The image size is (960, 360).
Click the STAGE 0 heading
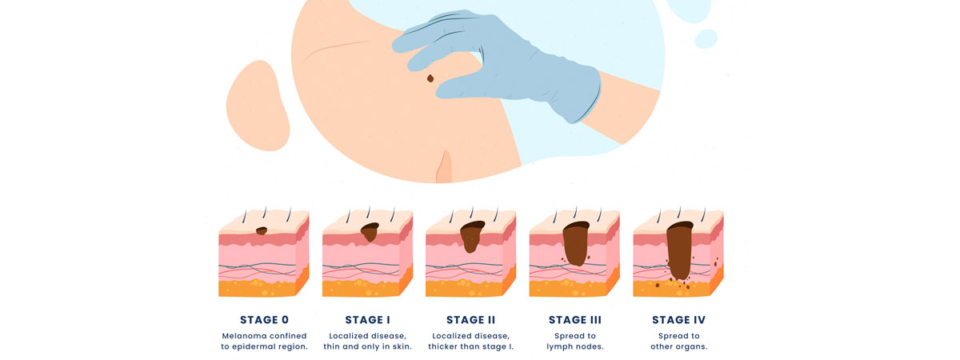(x=264, y=320)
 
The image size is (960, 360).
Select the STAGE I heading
(x=367, y=320)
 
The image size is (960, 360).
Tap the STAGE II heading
(x=470, y=320)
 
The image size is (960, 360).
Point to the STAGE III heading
(x=574, y=320)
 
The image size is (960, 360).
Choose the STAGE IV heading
(x=678, y=320)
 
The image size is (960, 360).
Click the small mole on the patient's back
(x=430, y=78)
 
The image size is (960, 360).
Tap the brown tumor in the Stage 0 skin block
(x=262, y=231)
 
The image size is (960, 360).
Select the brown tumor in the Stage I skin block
(x=370, y=232)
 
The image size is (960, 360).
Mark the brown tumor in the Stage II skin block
(x=471, y=236)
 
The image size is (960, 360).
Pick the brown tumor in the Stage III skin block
(x=575, y=243)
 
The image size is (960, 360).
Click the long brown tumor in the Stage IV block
(x=679, y=250)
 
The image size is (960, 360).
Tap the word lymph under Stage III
(x=559, y=347)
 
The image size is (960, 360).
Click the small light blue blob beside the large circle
(x=706, y=38)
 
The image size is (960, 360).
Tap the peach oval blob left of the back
(x=258, y=106)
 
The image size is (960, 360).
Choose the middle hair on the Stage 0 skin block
(x=265, y=213)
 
